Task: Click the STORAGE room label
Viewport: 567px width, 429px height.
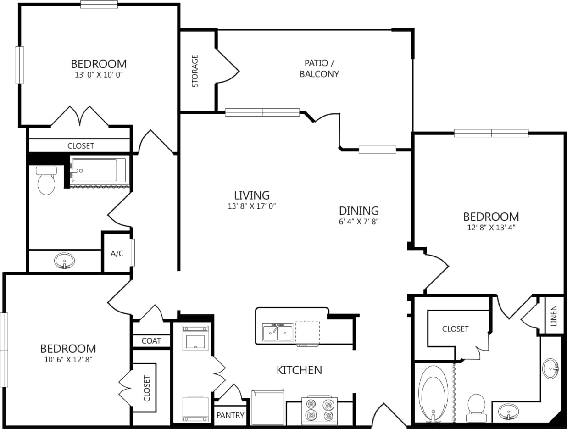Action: [x=195, y=71]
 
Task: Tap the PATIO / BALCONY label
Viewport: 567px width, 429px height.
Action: [x=319, y=68]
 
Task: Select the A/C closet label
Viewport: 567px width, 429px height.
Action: [x=117, y=253]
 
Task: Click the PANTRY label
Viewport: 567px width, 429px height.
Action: [x=230, y=416]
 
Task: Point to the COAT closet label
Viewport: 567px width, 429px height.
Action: [x=151, y=340]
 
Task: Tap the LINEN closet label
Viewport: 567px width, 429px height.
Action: [x=554, y=315]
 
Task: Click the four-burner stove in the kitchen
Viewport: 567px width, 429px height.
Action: [x=319, y=410]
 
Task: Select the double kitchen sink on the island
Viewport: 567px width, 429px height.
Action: [x=278, y=332]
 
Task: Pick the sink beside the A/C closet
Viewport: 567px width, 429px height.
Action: [x=65, y=261]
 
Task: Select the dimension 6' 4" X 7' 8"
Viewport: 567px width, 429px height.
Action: [x=358, y=221]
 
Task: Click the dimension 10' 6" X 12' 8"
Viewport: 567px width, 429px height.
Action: [x=68, y=359]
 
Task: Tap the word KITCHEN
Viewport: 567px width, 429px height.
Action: [x=299, y=370]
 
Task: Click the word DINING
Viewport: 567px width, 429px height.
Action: [x=359, y=211]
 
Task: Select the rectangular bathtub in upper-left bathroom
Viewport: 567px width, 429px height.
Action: [x=98, y=171]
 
